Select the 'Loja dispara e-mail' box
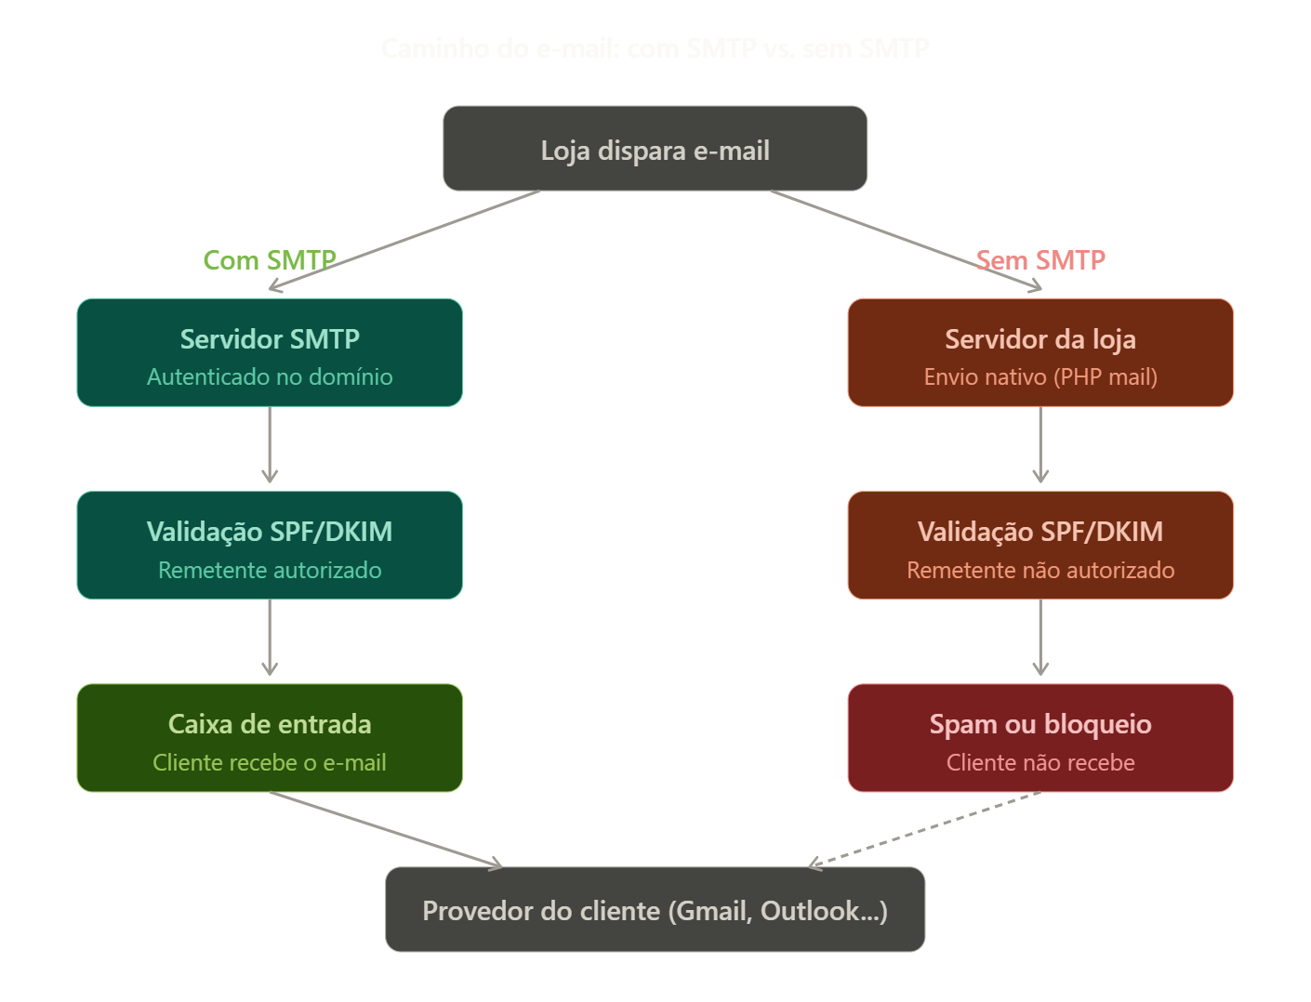(655, 149)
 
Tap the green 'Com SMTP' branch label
(269, 260)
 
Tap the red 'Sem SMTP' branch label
(1040, 260)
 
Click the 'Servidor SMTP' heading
(270, 339)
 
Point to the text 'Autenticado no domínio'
(270, 377)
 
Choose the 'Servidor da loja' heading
(1040, 339)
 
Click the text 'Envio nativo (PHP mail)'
(1040, 377)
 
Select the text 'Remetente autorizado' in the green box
(270, 571)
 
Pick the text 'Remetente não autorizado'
(1040, 571)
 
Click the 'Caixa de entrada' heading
(270, 724)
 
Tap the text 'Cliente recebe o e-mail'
(270, 763)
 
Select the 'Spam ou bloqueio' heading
(1040, 724)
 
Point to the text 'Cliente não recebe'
(1040, 763)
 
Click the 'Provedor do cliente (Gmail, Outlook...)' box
(655, 910)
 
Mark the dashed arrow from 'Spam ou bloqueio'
(925, 829)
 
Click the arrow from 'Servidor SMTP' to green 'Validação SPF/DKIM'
(270, 446)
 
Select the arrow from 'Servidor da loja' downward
(1040, 446)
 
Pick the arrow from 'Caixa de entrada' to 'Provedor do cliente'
(386, 829)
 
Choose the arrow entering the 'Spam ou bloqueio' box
(1040, 639)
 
